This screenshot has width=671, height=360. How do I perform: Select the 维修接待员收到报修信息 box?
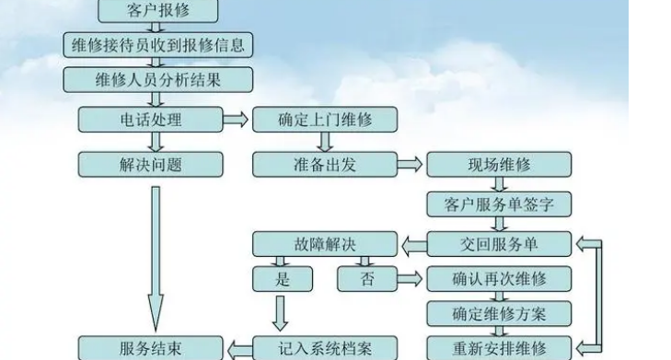tap(157, 44)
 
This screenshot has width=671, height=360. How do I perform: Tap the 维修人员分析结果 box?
tap(157, 79)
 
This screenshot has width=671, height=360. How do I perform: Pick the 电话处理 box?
tap(150, 120)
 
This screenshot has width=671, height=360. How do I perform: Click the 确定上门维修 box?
tap(324, 120)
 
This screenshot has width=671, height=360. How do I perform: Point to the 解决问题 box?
tap(150, 164)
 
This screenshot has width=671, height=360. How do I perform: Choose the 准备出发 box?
tap(324, 164)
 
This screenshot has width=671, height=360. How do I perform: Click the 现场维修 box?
tap(499, 165)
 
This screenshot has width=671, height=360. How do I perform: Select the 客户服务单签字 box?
tap(499, 203)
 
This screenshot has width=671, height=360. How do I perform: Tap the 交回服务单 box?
tap(499, 243)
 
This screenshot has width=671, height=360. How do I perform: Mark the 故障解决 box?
tap(324, 243)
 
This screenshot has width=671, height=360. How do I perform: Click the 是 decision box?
tap(282, 278)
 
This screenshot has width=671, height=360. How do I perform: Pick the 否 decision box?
tap(366, 278)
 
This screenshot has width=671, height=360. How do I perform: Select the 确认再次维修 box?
tap(499, 278)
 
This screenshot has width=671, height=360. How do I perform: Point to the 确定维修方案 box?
tap(499, 313)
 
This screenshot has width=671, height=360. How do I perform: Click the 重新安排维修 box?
tap(499, 348)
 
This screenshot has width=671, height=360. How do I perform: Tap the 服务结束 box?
tap(150, 348)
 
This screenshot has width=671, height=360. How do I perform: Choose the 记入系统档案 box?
tap(324, 348)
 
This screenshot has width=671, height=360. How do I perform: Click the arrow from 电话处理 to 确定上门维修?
tap(236, 120)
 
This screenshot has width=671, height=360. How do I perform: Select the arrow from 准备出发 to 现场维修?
tap(411, 165)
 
